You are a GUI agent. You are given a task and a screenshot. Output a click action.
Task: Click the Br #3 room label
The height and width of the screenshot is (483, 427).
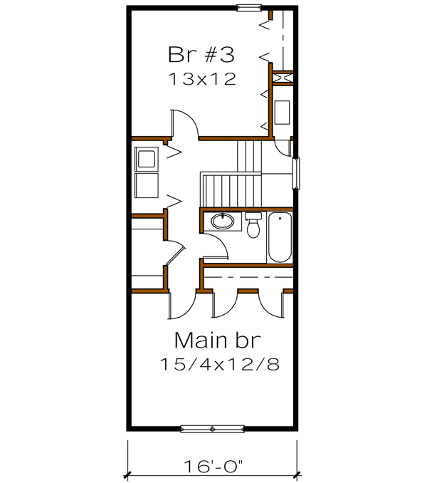[x=201, y=54]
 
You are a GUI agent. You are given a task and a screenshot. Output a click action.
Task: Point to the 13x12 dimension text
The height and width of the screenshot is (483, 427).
[x=202, y=78]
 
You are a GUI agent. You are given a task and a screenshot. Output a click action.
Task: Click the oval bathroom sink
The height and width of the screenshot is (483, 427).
[x=222, y=222]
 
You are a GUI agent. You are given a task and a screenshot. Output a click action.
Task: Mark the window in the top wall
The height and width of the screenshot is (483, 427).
[x=249, y=8]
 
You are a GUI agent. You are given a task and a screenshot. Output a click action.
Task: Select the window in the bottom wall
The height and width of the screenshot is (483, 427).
[x=212, y=428]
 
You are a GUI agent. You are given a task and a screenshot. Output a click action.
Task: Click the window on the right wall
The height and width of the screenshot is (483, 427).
[x=297, y=173]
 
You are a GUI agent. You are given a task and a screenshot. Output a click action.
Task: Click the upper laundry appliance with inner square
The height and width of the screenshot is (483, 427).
[x=147, y=158]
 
